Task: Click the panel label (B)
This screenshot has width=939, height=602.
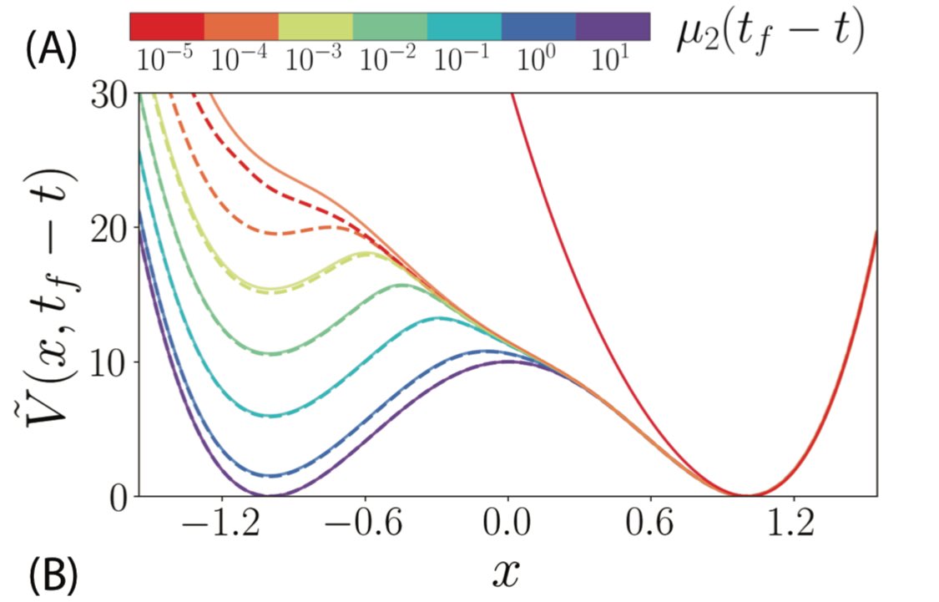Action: click(x=53, y=574)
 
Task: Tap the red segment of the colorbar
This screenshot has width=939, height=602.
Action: click(x=167, y=27)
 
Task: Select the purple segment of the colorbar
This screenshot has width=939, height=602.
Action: click(x=613, y=27)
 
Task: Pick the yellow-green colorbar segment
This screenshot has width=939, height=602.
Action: click(x=316, y=27)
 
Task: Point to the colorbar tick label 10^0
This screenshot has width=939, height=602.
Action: click(x=536, y=58)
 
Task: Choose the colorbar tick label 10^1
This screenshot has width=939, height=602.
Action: click(x=612, y=58)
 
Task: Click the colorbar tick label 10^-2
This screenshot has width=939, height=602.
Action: click(x=389, y=58)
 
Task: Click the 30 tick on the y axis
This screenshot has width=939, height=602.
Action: click(x=109, y=94)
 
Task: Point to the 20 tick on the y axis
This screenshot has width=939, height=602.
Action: click(x=109, y=228)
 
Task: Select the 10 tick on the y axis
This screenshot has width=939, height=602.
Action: click(x=109, y=362)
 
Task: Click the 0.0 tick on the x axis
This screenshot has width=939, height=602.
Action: click(x=507, y=529)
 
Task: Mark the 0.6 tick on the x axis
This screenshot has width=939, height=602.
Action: click(x=650, y=529)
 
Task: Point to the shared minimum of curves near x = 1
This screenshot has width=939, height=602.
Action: click(x=748, y=495)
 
